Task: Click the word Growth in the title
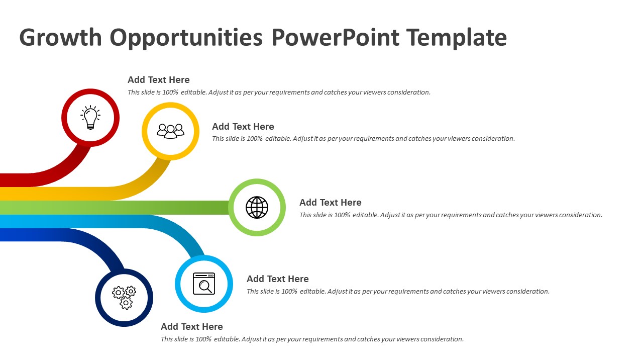pos(61,37)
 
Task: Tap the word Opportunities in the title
pos(186,38)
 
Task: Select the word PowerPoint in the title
pos(335,37)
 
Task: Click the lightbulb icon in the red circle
pos(90,118)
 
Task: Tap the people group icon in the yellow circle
pos(170,131)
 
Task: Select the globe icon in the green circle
pos(257,208)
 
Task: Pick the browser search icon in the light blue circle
pos(204,284)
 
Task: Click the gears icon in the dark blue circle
pos(124,298)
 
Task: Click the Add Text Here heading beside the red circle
pos(158,79)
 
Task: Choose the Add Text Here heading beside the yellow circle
pos(243,126)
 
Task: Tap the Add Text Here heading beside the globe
pos(331,202)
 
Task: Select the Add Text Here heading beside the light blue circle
pos(278,279)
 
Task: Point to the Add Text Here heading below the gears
pos(192,326)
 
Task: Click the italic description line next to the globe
pos(451,215)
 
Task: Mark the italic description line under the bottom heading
pos(312,339)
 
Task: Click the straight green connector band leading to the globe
pos(115,208)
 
